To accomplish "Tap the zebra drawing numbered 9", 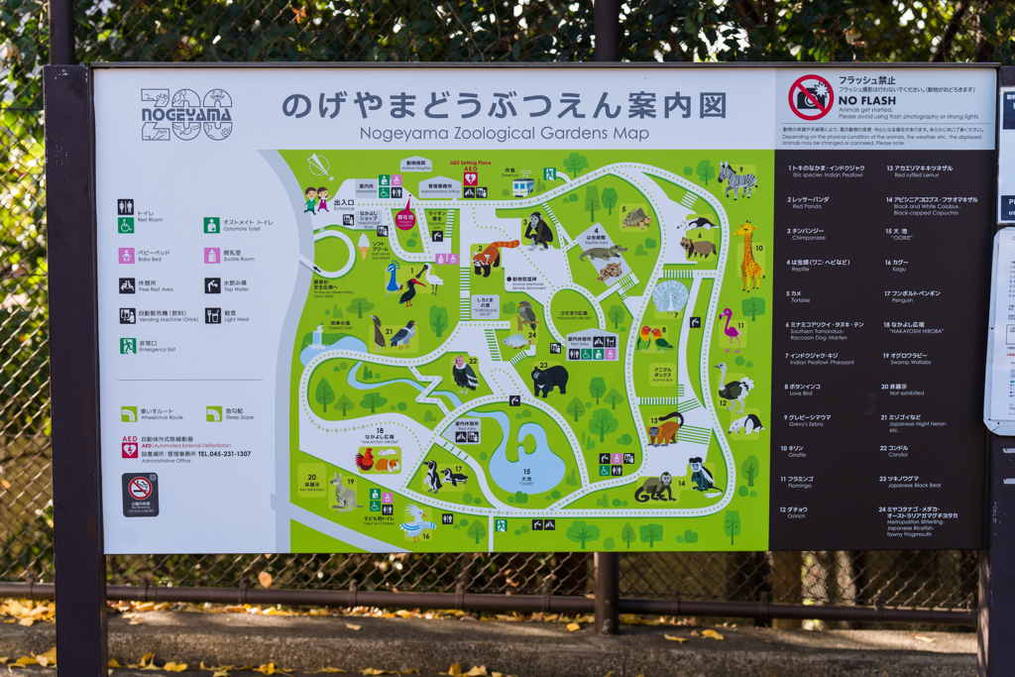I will click(736, 180).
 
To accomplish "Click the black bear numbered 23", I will click(549, 379).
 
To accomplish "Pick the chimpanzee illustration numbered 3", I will click(538, 231).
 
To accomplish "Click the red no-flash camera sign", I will click(810, 97).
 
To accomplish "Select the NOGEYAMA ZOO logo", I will click(186, 115).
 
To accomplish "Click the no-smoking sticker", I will click(140, 494).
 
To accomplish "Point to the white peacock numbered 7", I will click(671, 296).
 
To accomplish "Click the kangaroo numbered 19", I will click(343, 491).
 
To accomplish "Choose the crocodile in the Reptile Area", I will click(601, 253).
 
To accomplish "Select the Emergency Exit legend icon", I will click(128, 346).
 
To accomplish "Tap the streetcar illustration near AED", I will click(522, 185).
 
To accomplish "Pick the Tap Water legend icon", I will click(212, 285).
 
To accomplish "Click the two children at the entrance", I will click(316, 199).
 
